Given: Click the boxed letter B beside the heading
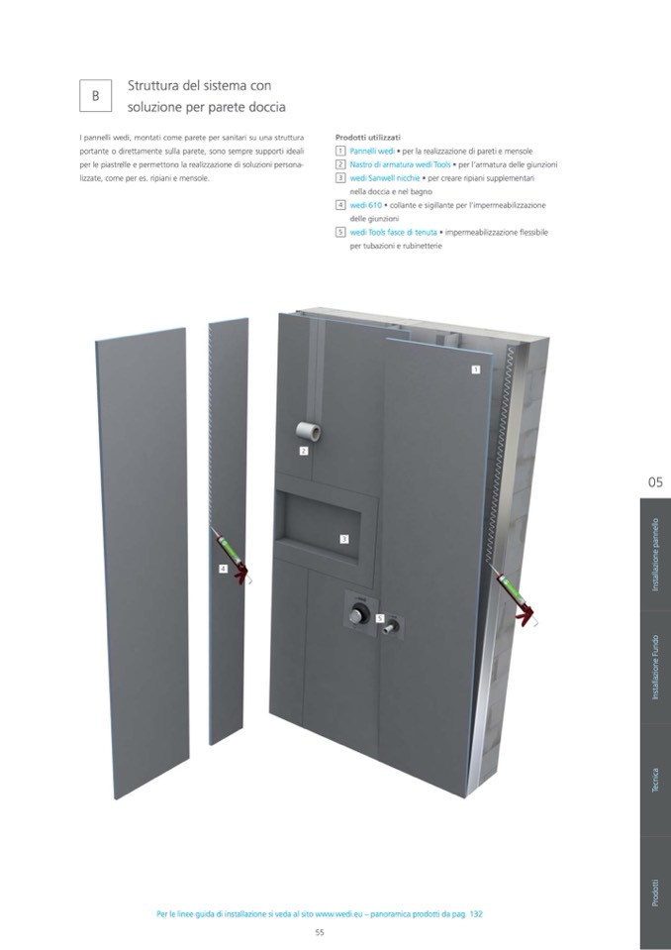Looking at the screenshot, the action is click(96, 96).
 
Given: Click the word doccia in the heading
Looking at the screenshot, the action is click(265, 107).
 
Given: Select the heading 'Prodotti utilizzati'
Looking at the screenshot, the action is click(368, 138).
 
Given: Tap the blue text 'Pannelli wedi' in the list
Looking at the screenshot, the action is click(372, 151).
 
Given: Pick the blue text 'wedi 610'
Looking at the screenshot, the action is click(366, 205).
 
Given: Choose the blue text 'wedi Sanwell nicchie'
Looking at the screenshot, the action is click(385, 178).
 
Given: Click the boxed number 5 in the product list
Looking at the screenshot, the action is click(340, 232).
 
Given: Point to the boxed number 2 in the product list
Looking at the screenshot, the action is click(340, 164).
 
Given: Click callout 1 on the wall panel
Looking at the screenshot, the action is click(476, 369).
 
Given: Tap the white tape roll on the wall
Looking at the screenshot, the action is click(308, 431).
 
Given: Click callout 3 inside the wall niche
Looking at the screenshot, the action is click(343, 539).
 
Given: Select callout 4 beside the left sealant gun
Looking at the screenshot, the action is click(224, 569).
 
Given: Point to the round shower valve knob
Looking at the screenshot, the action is click(357, 615).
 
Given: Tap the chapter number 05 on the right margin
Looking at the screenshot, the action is click(655, 482).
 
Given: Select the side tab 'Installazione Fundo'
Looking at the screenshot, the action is click(654, 667).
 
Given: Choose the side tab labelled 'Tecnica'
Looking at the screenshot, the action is click(654, 781).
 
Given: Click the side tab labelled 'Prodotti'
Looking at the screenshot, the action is click(654, 894).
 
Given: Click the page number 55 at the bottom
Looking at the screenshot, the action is click(320, 932).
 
